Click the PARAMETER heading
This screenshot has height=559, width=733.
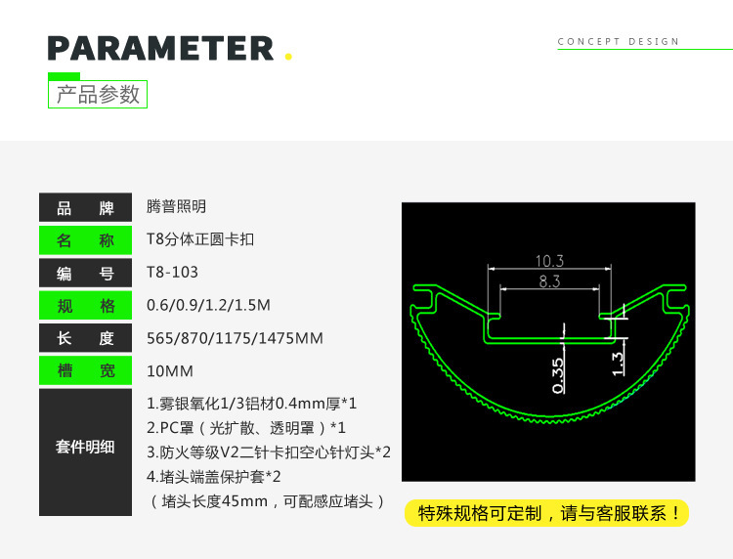pos(160,48)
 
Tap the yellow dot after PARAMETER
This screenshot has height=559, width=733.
pos(288,57)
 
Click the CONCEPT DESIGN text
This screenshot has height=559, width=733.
pos(619,42)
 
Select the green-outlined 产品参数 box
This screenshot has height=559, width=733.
pos(98,94)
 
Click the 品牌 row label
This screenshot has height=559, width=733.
pos(85,208)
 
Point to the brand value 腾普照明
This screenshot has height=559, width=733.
pos(176,207)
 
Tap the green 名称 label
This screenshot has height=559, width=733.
pos(85,240)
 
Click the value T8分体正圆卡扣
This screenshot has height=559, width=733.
pos(200,239)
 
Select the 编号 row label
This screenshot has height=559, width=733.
pos(85,274)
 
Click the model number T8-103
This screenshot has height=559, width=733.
pos(172,273)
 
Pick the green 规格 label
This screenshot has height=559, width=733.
pos(85,306)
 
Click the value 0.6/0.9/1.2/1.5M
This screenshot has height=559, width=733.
pos(208,305)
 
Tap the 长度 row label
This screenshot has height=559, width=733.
pos(85,338)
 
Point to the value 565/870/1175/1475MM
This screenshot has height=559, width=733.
pos(235,338)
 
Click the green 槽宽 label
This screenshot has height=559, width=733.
pos(85,370)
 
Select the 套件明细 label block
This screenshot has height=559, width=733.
pos(85,448)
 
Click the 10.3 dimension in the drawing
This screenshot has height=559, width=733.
pos(549,261)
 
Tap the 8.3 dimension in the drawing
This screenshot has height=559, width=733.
pos(549,281)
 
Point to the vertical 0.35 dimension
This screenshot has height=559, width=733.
pos(557,374)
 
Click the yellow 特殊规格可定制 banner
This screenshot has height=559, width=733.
pos(547,513)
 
